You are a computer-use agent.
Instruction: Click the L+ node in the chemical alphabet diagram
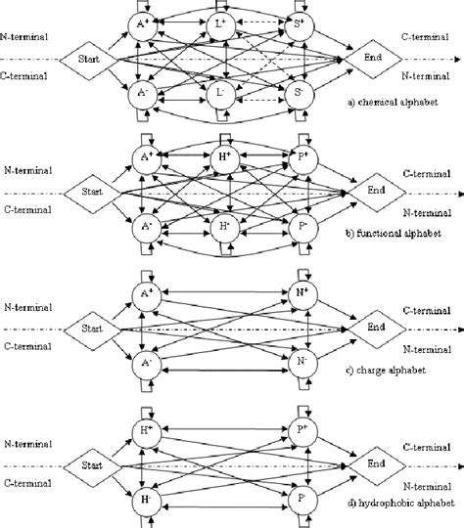(x=224, y=23)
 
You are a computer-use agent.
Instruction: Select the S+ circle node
(x=304, y=23)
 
